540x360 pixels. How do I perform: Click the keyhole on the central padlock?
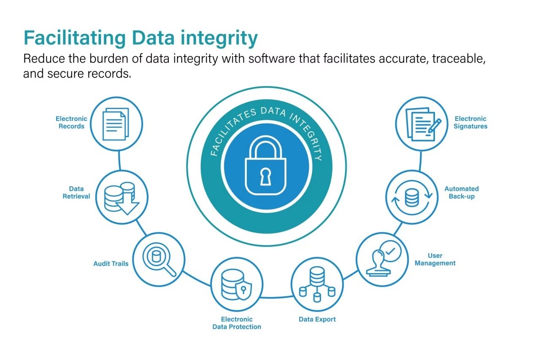click(265, 176)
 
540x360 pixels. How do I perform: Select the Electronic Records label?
click(71, 122)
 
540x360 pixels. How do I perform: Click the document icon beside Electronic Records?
click(116, 124)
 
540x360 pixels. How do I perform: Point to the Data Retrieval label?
click(76, 192)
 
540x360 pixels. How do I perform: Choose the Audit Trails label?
click(111, 263)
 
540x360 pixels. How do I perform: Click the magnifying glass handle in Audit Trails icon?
click(170, 270)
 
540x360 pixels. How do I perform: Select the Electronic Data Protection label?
click(237, 323)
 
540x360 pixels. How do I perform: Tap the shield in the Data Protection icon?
click(243, 290)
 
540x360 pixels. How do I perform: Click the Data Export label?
click(317, 319)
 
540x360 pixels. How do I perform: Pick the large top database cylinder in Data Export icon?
click(317, 276)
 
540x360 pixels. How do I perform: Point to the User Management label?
click(435, 259)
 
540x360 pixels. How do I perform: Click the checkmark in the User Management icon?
click(390, 251)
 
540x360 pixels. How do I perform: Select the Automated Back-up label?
click(462, 192)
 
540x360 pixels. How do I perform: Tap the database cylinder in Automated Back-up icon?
click(412, 198)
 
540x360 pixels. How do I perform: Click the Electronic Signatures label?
click(470, 122)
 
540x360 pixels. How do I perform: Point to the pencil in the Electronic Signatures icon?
click(435, 126)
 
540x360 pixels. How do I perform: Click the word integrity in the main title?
click(219, 38)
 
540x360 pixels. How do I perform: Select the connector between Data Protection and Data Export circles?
click(276, 298)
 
